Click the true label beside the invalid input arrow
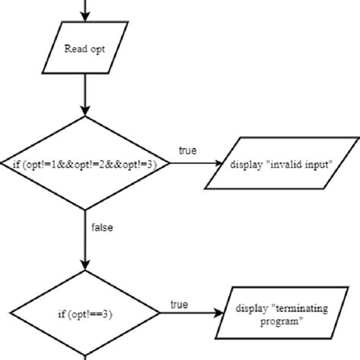tap(188, 151)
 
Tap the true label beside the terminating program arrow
tap(178, 305)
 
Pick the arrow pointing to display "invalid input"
tap(190, 163)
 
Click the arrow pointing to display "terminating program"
tap(190, 312)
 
